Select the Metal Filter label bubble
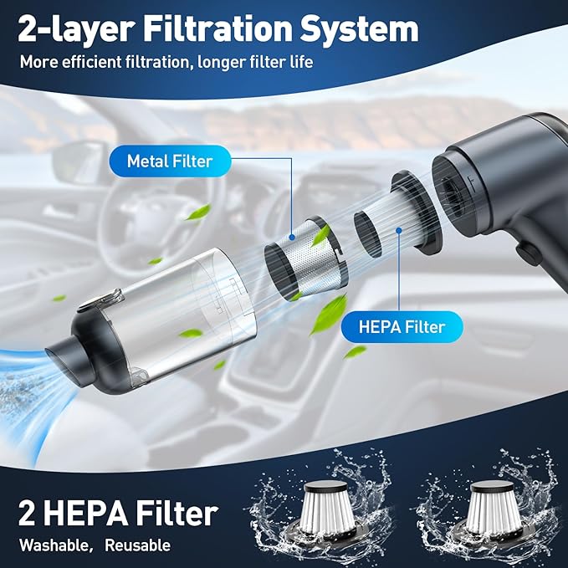point(170,161)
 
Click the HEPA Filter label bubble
point(402,327)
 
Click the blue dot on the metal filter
point(292,238)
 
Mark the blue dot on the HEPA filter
point(399,230)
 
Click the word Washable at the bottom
point(54,545)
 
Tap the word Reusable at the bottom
point(138,545)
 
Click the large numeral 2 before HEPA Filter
point(27,513)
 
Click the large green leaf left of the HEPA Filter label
point(329,314)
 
